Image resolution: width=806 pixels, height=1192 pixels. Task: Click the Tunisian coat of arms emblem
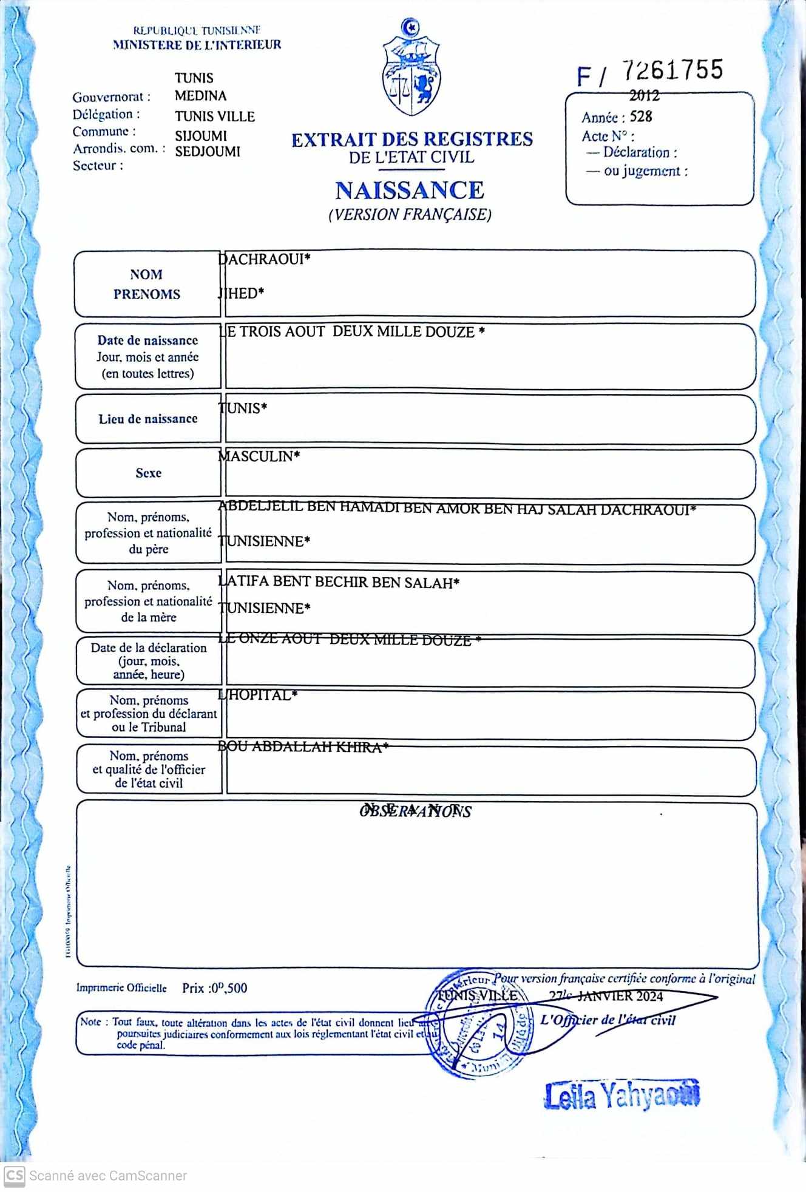[411, 68]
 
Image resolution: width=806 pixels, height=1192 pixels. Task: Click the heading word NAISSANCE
[410, 191]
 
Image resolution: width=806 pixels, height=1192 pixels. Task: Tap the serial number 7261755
[672, 70]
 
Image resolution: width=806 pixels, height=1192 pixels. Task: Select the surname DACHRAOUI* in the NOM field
[265, 260]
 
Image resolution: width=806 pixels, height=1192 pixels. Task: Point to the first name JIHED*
[242, 294]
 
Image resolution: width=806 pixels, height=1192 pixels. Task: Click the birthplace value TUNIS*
[243, 408]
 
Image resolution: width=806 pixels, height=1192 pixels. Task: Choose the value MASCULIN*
[259, 456]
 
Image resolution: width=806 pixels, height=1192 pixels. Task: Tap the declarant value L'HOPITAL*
[258, 696]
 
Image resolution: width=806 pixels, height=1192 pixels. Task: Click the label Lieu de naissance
[148, 419]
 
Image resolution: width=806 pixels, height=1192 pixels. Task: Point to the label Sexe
[149, 473]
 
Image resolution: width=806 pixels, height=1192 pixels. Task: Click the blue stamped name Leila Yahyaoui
[621, 1095]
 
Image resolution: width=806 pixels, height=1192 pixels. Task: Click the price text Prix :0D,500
[214, 988]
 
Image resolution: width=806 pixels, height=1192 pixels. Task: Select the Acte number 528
[641, 117]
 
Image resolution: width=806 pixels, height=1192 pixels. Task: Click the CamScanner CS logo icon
[14, 1176]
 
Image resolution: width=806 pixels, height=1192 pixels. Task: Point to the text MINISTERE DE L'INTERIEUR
[197, 44]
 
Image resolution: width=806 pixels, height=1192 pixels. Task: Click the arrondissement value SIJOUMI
[201, 136]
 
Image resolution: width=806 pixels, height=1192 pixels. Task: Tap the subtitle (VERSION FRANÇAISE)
[410, 215]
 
